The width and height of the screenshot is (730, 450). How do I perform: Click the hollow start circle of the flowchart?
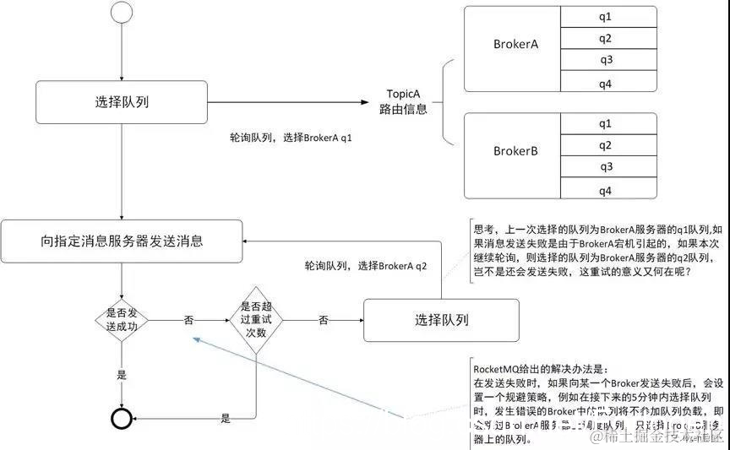pyautogui.click(x=123, y=13)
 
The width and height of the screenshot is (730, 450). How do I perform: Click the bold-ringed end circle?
pyautogui.click(x=123, y=418)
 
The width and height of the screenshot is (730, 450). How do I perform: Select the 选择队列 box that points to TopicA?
pyautogui.click(x=123, y=103)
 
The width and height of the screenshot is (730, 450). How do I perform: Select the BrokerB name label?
pyautogui.click(x=516, y=152)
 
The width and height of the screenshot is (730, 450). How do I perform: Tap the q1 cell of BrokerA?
pyautogui.click(x=605, y=17)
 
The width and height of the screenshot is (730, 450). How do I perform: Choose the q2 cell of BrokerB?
pyautogui.click(x=605, y=145)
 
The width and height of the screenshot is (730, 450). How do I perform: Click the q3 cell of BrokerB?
pyautogui.click(x=605, y=166)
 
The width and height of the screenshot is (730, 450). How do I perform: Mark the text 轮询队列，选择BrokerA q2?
pyautogui.click(x=366, y=265)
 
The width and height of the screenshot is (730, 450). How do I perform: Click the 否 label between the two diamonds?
pyautogui.click(x=188, y=320)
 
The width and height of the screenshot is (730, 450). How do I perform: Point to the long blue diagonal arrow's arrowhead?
pyautogui.click(x=193, y=338)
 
